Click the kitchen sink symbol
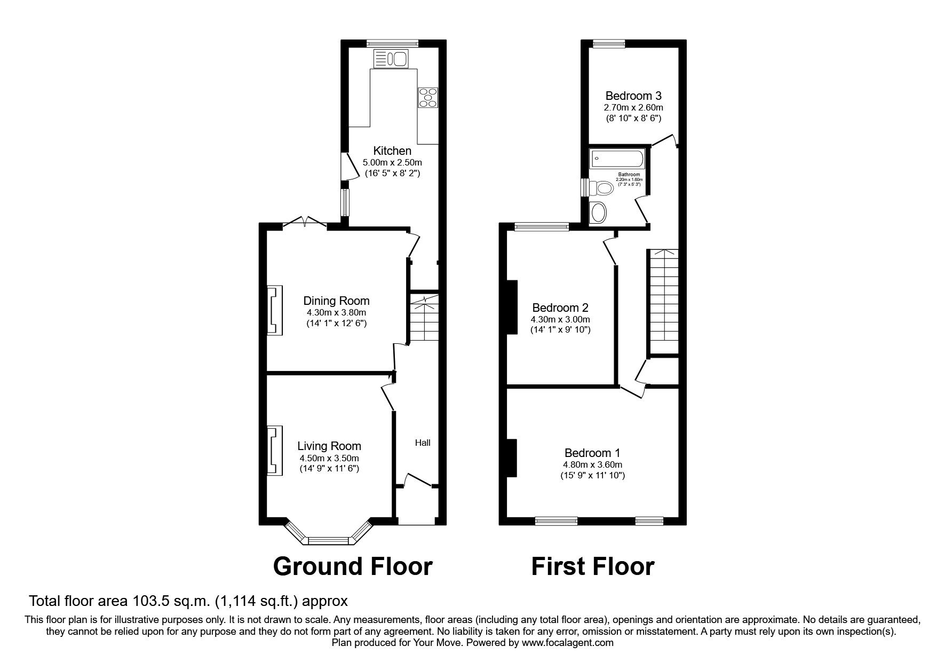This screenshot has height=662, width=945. tap(390, 58)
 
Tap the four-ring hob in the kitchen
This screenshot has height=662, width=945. tap(428, 98)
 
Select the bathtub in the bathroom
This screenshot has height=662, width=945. tap(618, 159)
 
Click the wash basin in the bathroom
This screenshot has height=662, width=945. tap(599, 213)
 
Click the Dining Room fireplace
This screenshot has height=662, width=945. tap(275, 311)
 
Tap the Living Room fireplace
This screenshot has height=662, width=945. tap(275, 450)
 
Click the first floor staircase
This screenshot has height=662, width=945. tap(663, 302)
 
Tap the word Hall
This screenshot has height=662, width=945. tap(423, 443)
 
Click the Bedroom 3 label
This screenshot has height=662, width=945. tap(633, 96)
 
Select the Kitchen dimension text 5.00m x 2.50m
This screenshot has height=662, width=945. tap(392, 162)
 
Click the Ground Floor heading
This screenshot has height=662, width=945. tap(352, 566)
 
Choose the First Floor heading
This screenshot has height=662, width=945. tap(592, 566)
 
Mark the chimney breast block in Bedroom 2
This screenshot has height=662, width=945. tap(512, 307)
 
